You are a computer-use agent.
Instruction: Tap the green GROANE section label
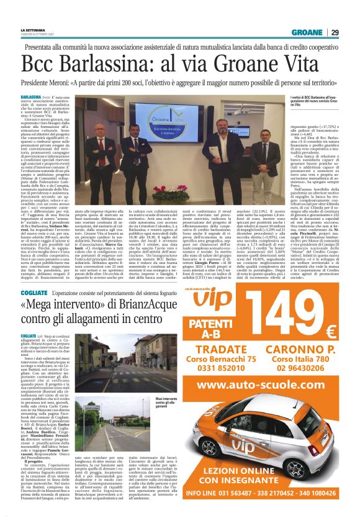(306, 32)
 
